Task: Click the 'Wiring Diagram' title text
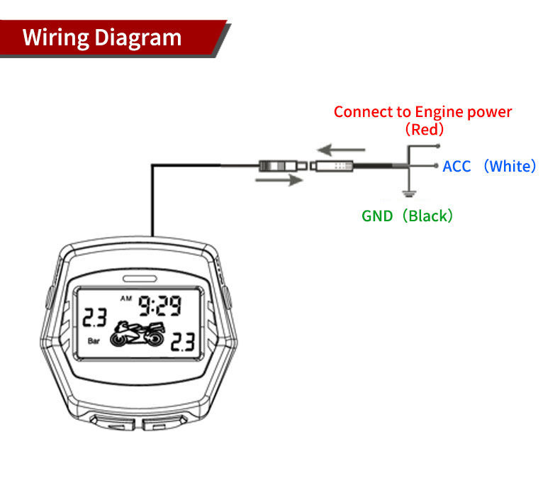click(102, 37)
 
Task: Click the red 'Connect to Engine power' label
click(422, 112)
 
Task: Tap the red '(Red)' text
click(424, 130)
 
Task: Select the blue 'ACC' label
click(457, 167)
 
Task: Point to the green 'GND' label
click(376, 216)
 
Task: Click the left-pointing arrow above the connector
click(341, 150)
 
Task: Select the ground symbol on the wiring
click(408, 192)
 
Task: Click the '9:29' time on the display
click(159, 306)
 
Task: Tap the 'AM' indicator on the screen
click(126, 298)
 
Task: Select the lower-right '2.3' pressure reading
click(183, 343)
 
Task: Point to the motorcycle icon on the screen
click(139, 333)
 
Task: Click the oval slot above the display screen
click(139, 278)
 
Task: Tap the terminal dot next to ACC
click(435, 166)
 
